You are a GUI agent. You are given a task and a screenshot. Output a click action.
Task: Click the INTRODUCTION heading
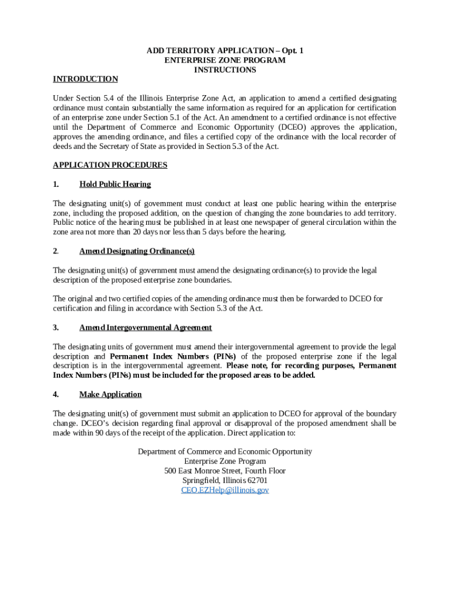point(85,79)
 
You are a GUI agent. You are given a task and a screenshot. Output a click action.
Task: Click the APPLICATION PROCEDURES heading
point(110,165)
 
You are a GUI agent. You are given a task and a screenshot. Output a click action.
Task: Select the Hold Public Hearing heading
point(115,184)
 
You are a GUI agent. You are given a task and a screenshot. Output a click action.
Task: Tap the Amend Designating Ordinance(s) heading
point(137,251)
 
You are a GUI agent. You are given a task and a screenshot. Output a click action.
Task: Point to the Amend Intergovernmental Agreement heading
point(146,328)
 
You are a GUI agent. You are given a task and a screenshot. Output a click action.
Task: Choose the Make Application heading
point(110,394)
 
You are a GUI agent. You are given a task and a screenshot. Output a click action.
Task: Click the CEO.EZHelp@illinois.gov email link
point(225,490)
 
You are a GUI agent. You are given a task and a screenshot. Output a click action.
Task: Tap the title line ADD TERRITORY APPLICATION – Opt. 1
point(225,51)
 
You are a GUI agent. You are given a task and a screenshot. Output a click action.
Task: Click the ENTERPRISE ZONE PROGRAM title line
point(225,60)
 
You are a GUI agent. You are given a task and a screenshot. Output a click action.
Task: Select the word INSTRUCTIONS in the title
point(225,69)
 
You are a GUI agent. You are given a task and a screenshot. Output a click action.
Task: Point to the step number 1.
point(56,184)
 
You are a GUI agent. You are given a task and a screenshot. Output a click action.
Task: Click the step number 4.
point(56,394)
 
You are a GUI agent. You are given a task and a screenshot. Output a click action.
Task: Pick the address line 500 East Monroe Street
point(225,471)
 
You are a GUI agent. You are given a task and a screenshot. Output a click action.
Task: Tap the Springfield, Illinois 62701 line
point(225,480)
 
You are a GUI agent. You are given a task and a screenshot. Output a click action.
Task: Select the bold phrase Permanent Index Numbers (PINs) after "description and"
point(172,356)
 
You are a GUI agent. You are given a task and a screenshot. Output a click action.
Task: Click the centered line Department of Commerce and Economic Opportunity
point(225,451)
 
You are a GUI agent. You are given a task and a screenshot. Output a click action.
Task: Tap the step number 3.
point(56,328)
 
